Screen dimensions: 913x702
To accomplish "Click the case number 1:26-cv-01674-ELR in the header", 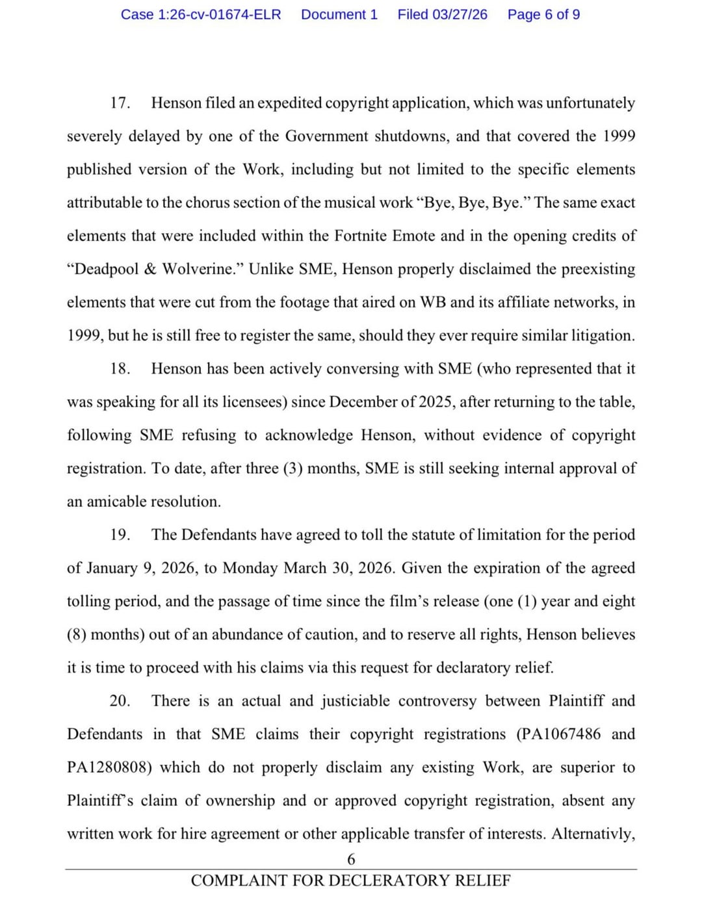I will point(201,14).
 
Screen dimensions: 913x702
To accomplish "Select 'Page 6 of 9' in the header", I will point(543,14).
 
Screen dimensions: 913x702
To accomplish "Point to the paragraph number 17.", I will point(120,103).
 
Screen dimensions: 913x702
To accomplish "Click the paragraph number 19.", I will point(120,535).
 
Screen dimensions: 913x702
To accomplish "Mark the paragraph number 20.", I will point(120,701).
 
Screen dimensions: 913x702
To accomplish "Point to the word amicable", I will point(116,502).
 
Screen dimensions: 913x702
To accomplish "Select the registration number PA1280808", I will point(109,767).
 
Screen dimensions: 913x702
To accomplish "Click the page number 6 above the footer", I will point(351,860).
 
